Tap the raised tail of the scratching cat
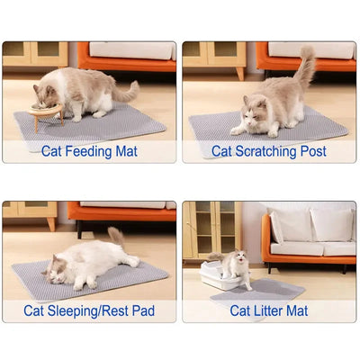pos(306,67)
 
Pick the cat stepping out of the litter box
pos(237,266)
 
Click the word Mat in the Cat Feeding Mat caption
pos(125,150)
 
